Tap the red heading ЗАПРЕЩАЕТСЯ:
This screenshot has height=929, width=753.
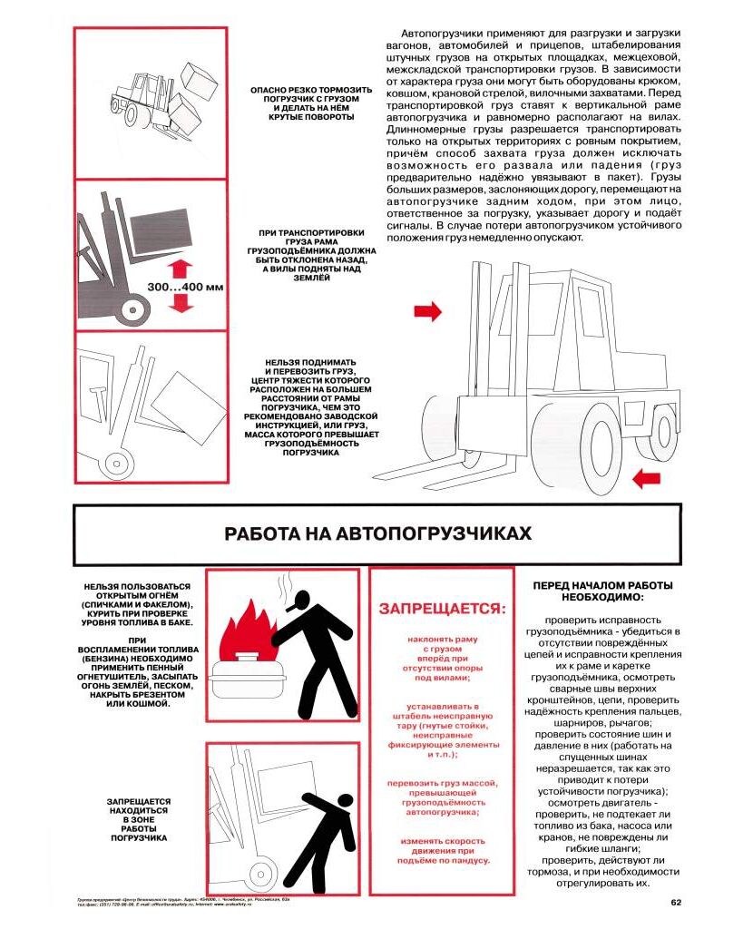[442, 607]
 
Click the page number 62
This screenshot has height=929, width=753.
[676, 902]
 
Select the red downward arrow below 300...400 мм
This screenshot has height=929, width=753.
[181, 305]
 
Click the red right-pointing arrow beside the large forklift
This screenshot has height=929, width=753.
[427, 312]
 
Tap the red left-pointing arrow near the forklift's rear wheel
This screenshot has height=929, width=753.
[646, 477]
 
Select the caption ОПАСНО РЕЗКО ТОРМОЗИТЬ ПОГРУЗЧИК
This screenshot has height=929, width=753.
[299, 103]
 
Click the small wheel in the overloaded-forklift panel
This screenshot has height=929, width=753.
[116, 464]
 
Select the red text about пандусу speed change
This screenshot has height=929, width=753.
[441, 850]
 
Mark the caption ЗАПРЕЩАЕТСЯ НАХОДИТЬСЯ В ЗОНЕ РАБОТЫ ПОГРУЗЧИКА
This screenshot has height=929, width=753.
[139, 819]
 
